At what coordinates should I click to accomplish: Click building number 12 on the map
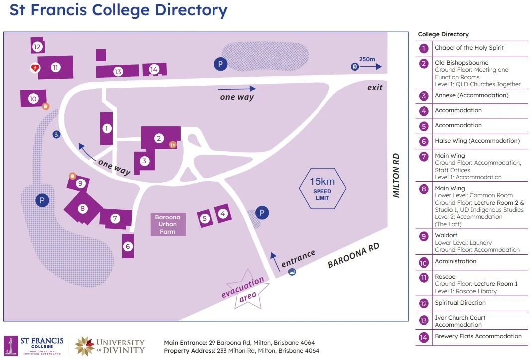tap(37, 47)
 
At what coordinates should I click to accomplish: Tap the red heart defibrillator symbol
tap(35, 68)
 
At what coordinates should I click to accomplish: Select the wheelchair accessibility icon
tap(56, 134)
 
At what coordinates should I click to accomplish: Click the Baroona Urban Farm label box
tap(168, 224)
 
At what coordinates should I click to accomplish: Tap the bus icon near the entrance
tap(292, 272)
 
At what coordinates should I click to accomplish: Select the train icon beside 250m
tap(354, 66)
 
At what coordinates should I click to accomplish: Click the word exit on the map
tap(375, 88)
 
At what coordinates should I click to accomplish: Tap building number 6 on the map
tap(128, 246)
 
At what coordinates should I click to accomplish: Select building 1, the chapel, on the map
tap(106, 128)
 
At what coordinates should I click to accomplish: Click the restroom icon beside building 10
tap(46, 106)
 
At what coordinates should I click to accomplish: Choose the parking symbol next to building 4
tap(262, 213)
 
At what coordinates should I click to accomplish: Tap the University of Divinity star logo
tap(84, 346)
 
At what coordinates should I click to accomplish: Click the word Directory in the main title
tap(191, 10)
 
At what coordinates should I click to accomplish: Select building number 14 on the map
tap(154, 69)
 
